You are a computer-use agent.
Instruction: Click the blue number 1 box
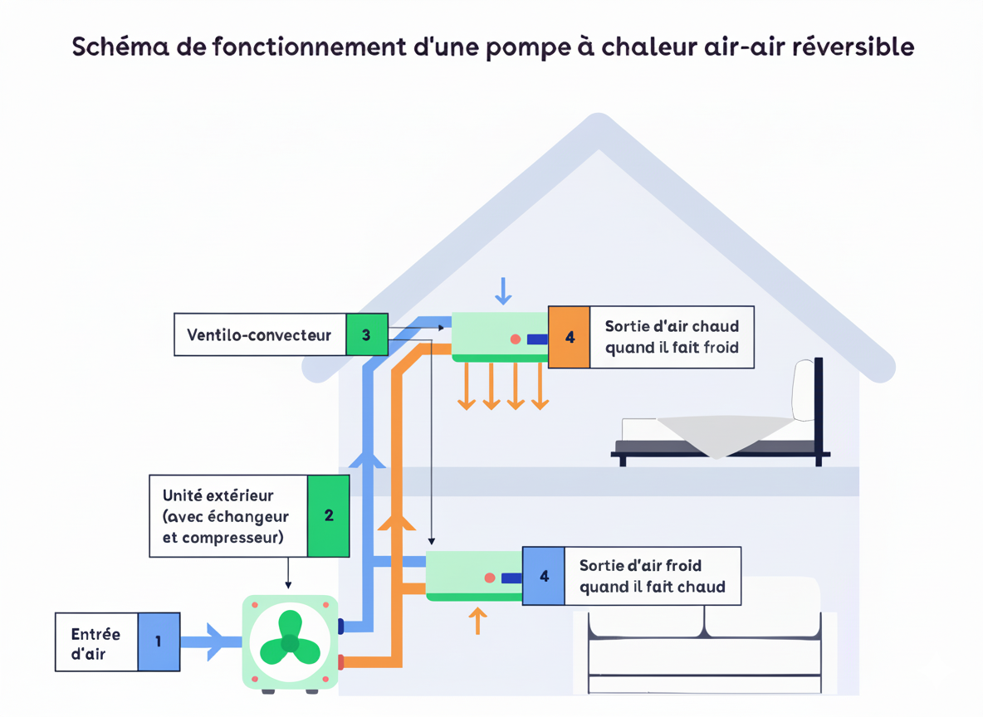point(159,641)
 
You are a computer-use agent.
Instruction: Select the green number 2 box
point(328,515)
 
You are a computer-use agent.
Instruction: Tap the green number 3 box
point(366,334)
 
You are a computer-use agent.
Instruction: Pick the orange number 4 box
point(569,337)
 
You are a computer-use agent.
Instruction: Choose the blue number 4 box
point(544,576)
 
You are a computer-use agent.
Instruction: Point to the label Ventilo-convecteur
point(259,335)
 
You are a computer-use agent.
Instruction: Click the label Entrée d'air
point(95,643)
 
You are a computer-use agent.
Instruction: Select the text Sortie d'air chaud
point(672,326)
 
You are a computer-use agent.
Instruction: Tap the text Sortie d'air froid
point(641,565)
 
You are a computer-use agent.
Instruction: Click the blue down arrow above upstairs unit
point(502,290)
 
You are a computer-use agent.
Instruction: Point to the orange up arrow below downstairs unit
point(477,620)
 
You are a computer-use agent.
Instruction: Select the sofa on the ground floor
point(704,647)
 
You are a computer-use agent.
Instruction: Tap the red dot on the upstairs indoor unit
point(516,339)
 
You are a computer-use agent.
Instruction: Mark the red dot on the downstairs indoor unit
point(490,578)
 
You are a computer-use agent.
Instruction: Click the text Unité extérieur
point(218,495)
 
